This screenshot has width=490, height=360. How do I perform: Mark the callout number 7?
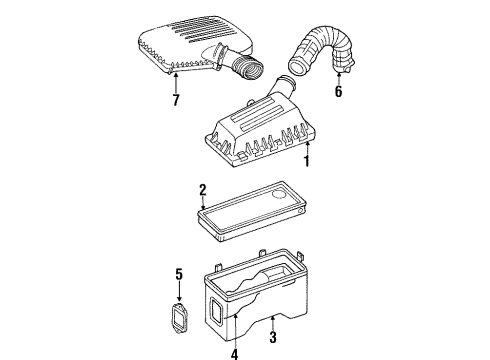[177, 100]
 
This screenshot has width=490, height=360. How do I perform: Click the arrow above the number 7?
[177, 79]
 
